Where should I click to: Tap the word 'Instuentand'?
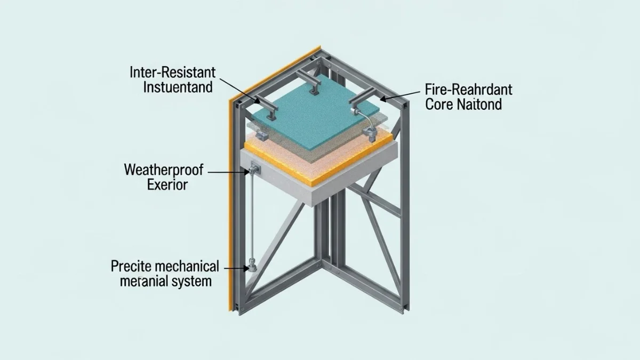(178, 87)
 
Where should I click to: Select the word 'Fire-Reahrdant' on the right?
(468, 89)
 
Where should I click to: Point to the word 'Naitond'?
(479, 104)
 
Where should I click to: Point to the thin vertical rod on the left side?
(250, 219)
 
